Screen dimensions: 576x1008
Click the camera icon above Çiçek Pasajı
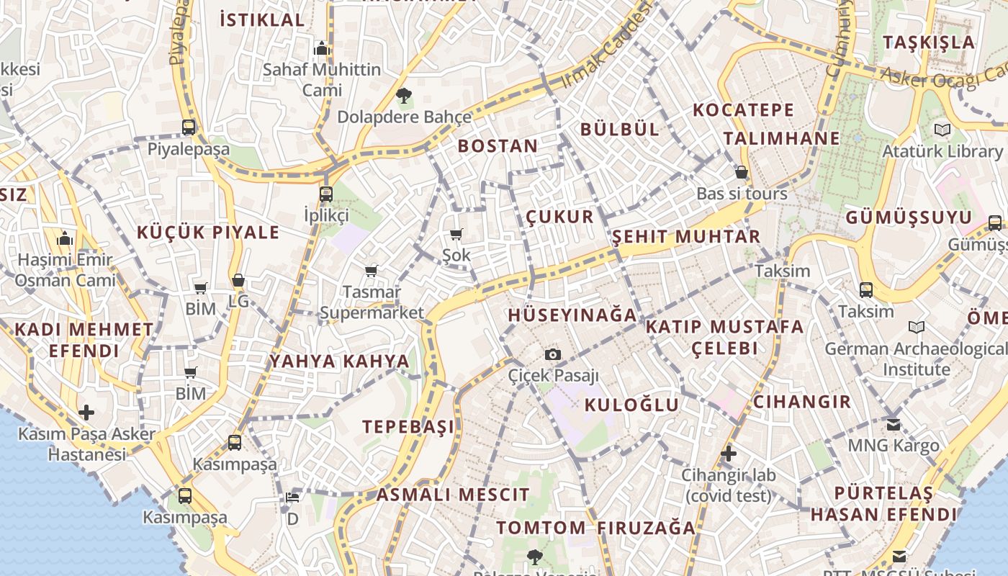553,354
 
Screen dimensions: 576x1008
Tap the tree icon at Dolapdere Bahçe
404,95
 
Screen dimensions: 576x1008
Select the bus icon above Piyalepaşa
189,127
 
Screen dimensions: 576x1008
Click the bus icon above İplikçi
326,194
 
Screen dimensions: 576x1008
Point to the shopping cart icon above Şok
456,234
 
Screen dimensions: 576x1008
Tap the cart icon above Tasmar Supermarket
371,271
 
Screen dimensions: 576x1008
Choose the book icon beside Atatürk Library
942,130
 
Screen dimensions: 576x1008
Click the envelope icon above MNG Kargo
894,424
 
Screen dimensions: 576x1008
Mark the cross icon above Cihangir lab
729,454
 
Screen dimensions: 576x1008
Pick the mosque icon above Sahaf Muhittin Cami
322,48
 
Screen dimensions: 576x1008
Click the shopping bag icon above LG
238,280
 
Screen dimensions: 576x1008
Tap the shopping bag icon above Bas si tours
742,173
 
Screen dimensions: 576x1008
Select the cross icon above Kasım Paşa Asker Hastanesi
86,413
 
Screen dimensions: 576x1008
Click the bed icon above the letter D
292,497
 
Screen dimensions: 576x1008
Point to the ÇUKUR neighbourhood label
559,217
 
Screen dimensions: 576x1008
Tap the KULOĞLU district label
631,405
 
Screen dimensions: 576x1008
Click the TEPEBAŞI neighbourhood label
408,426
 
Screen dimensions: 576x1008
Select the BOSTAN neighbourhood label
498,146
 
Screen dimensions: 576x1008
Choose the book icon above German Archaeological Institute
917,328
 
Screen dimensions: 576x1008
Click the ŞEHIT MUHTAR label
685,237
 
